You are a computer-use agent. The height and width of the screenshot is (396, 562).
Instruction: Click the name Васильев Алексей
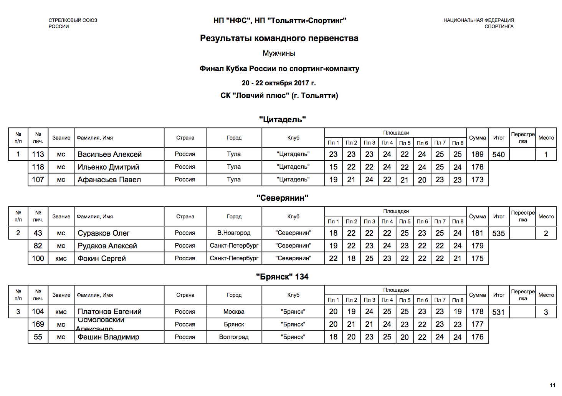click(x=109, y=154)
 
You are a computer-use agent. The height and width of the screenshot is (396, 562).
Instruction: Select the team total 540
click(x=498, y=155)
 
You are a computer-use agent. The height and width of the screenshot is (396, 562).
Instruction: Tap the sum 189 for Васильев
click(x=477, y=154)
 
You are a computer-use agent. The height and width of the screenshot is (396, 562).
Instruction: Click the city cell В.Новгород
click(x=234, y=233)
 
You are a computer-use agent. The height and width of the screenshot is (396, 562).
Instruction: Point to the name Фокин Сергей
click(x=102, y=258)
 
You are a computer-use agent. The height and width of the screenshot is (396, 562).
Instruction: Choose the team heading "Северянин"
click(x=282, y=198)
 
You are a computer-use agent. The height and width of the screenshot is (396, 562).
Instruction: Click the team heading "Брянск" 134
click(x=282, y=277)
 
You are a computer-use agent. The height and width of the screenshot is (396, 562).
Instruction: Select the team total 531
click(x=498, y=312)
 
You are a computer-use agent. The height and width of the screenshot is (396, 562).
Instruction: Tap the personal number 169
click(x=38, y=324)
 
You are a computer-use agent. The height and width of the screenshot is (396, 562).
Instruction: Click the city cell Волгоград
click(x=234, y=337)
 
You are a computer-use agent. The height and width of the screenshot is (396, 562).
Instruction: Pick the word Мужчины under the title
click(x=279, y=53)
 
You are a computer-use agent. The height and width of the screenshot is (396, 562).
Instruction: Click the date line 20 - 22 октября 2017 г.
click(x=279, y=83)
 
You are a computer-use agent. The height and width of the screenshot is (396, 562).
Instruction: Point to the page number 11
click(x=552, y=385)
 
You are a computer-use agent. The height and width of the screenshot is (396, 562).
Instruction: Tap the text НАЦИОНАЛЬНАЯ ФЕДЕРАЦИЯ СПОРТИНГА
click(x=478, y=23)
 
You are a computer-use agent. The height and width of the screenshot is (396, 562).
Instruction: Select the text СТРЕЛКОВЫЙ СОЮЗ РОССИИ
click(x=73, y=23)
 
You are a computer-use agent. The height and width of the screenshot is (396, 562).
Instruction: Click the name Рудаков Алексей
click(x=107, y=246)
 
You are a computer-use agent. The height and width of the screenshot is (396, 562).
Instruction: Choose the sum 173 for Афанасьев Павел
click(x=477, y=180)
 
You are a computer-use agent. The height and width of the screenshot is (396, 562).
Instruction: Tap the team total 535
click(x=498, y=233)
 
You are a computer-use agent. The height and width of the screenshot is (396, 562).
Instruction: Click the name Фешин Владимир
click(x=108, y=337)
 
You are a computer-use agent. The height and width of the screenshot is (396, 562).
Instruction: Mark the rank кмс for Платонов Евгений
click(x=61, y=312)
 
